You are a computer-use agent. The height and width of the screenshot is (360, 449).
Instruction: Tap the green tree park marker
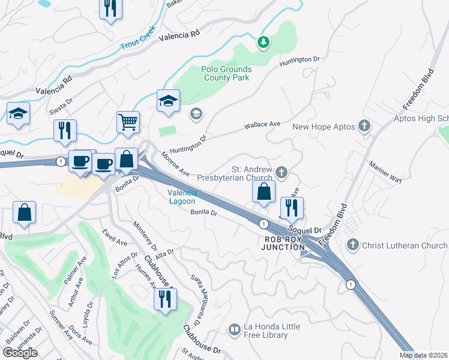(263, 42)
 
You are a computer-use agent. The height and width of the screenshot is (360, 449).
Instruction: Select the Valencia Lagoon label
(181, 197)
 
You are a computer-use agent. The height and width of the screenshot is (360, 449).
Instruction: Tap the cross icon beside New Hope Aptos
(363, 127)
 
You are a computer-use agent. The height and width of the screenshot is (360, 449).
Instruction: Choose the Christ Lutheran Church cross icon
(352, 245)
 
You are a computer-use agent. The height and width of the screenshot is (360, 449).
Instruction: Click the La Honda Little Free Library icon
(234, 329)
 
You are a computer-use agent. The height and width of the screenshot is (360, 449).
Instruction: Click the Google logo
(20, 353)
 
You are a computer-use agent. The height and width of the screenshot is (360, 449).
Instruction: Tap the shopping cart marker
(128, 122)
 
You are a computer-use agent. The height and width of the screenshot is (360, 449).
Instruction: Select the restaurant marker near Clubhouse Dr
(164, 298)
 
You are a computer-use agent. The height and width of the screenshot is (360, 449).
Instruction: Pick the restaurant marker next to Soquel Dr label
(292, 208)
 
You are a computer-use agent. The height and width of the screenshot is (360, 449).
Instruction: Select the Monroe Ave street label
(175, 164)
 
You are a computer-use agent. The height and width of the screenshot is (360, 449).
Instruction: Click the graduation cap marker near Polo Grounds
(169, 101)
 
